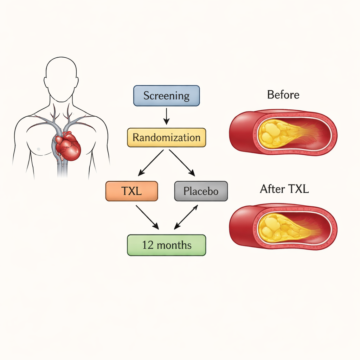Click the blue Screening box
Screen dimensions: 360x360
click(166, 96)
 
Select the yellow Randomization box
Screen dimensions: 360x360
click(166, 137)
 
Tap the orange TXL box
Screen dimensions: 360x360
click(131, 191)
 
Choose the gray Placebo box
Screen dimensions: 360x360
click(201, 191)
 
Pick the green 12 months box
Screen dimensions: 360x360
click(166, 245)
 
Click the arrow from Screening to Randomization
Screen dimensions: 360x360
click(166, 116)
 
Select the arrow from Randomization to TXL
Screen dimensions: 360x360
click(151, 162)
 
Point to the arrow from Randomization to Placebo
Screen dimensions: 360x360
click(182, 162)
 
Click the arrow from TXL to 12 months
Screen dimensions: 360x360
click(147, 217)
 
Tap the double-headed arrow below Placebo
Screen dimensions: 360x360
click(186, 217)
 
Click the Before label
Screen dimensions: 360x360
click(283, 95)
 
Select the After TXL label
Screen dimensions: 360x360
click(284, 189)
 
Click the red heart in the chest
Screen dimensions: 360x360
click(69, 146)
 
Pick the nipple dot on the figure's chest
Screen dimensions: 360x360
click(38, 149)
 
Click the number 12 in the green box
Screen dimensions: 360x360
click(148, 245)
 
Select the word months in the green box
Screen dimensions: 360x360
click(174, 245)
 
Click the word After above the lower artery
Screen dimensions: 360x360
click(272, 189)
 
